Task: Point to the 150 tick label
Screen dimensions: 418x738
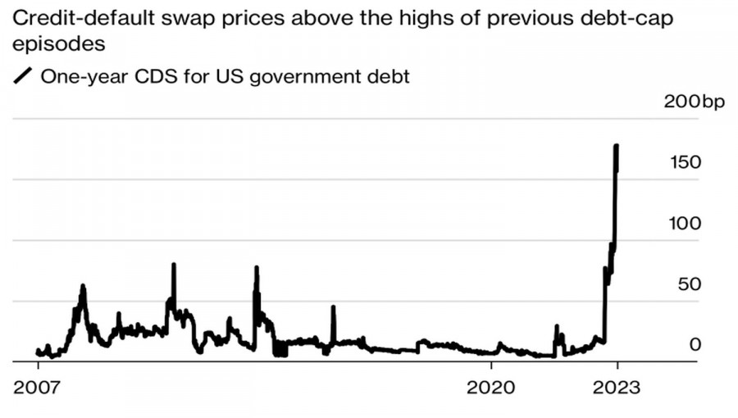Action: point(685,162)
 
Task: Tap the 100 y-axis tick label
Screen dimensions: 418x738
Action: point(685,223)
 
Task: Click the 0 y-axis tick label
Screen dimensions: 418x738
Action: point(695,344)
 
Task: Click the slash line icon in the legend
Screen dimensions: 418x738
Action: point(23,77)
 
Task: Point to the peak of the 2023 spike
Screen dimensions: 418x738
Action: point(616,146)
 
